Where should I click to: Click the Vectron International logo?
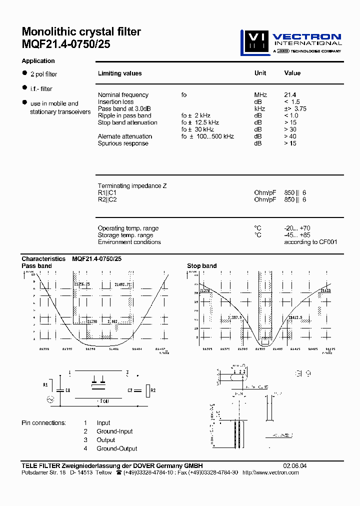[x=291, y=42]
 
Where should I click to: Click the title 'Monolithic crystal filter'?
[x=81, y=32]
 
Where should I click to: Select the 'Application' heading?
[x=38, y=61]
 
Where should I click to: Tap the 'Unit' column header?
[x=260, y=73]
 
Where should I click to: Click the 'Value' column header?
[x=292, y=73]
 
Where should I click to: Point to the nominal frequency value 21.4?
[x=290, y=94]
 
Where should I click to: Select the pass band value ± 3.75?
[x=295, y=108]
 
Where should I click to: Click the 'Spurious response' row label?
[x=123, y=143]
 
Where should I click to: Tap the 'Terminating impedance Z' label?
[x=132, y=186]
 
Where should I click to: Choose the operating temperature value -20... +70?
[x=297, y=228]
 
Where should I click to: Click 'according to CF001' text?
[x=310, y=242]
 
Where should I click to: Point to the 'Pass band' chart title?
[x=36, y=266]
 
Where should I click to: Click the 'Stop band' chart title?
[x=201, y=266]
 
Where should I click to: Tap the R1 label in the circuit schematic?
[x=45, y=385]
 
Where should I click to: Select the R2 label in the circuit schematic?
[x=153, y=389]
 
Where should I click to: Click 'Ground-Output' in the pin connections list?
[x=116, y=448]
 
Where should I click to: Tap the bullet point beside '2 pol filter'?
[x=24, y=73]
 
